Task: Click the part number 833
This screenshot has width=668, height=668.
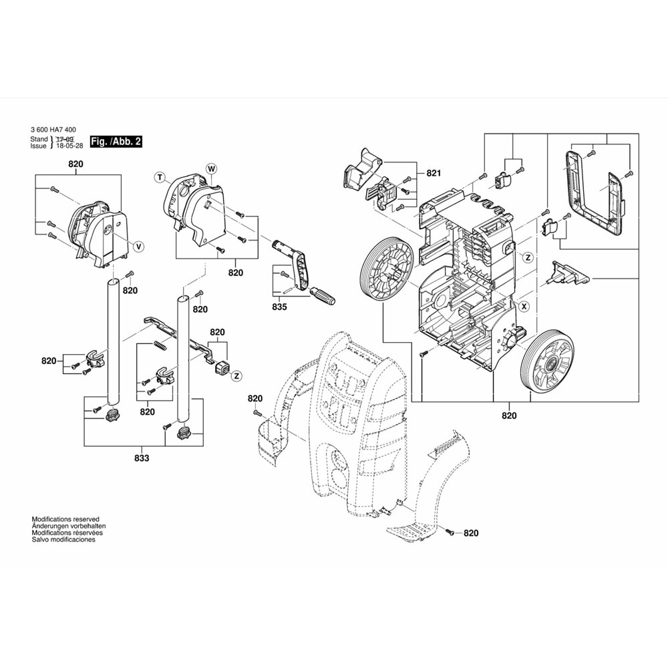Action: pos(142,458)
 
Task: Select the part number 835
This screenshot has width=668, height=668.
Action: pos(279,307)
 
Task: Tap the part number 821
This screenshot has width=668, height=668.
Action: pos(434,173)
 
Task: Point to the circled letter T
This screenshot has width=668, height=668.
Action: pos(160,177)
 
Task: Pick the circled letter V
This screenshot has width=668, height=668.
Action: pos(138,246)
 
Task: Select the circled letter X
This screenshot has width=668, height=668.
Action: pos(524,307)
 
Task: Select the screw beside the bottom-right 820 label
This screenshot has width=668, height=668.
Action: pos(450,532)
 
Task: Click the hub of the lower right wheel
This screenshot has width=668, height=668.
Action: pos(552,365)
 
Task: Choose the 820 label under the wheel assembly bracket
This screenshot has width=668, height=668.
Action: pos(509,415)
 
